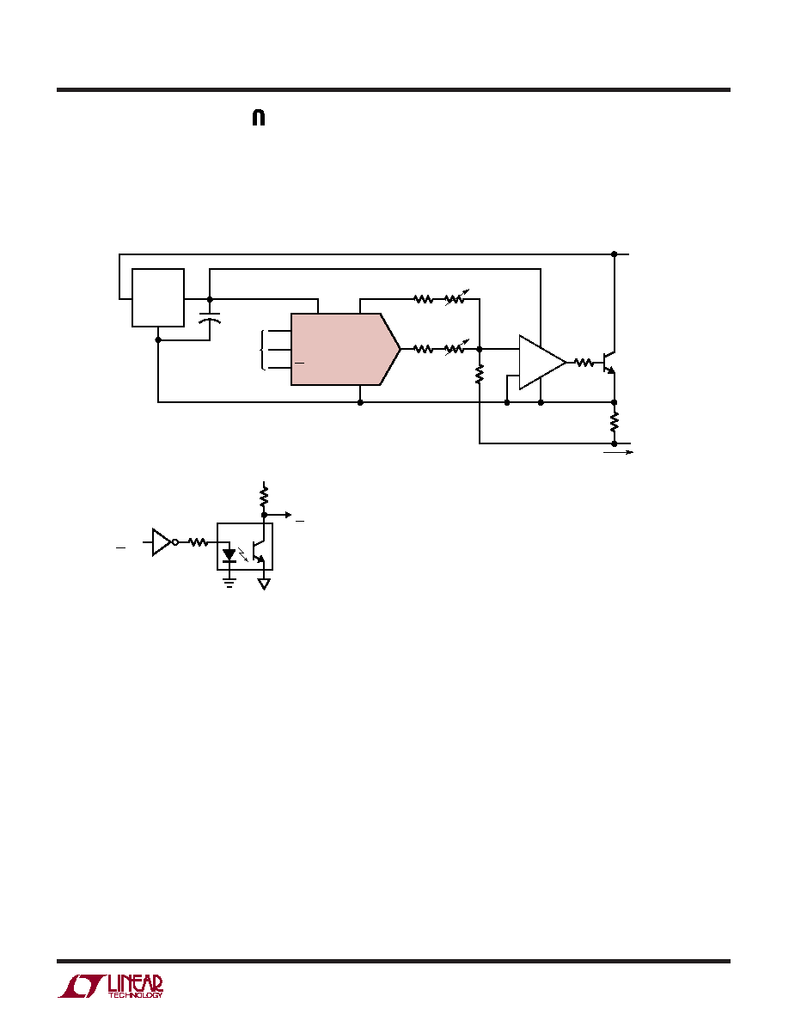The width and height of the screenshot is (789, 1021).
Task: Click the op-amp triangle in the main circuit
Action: (542, 362)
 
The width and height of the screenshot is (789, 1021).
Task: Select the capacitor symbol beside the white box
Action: (210, 320)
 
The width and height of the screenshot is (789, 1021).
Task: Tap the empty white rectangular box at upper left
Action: (158, 297)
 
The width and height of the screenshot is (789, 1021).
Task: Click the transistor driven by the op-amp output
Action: (609, 363)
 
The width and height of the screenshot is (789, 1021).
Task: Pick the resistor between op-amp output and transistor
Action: (584, 363)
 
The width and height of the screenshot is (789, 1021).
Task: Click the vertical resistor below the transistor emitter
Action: (614, 423)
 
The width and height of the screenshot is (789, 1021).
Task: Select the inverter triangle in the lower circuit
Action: (162, 541)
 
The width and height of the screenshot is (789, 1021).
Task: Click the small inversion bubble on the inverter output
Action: (175, 541)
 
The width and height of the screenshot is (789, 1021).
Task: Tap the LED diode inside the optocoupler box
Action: (229, 555)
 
